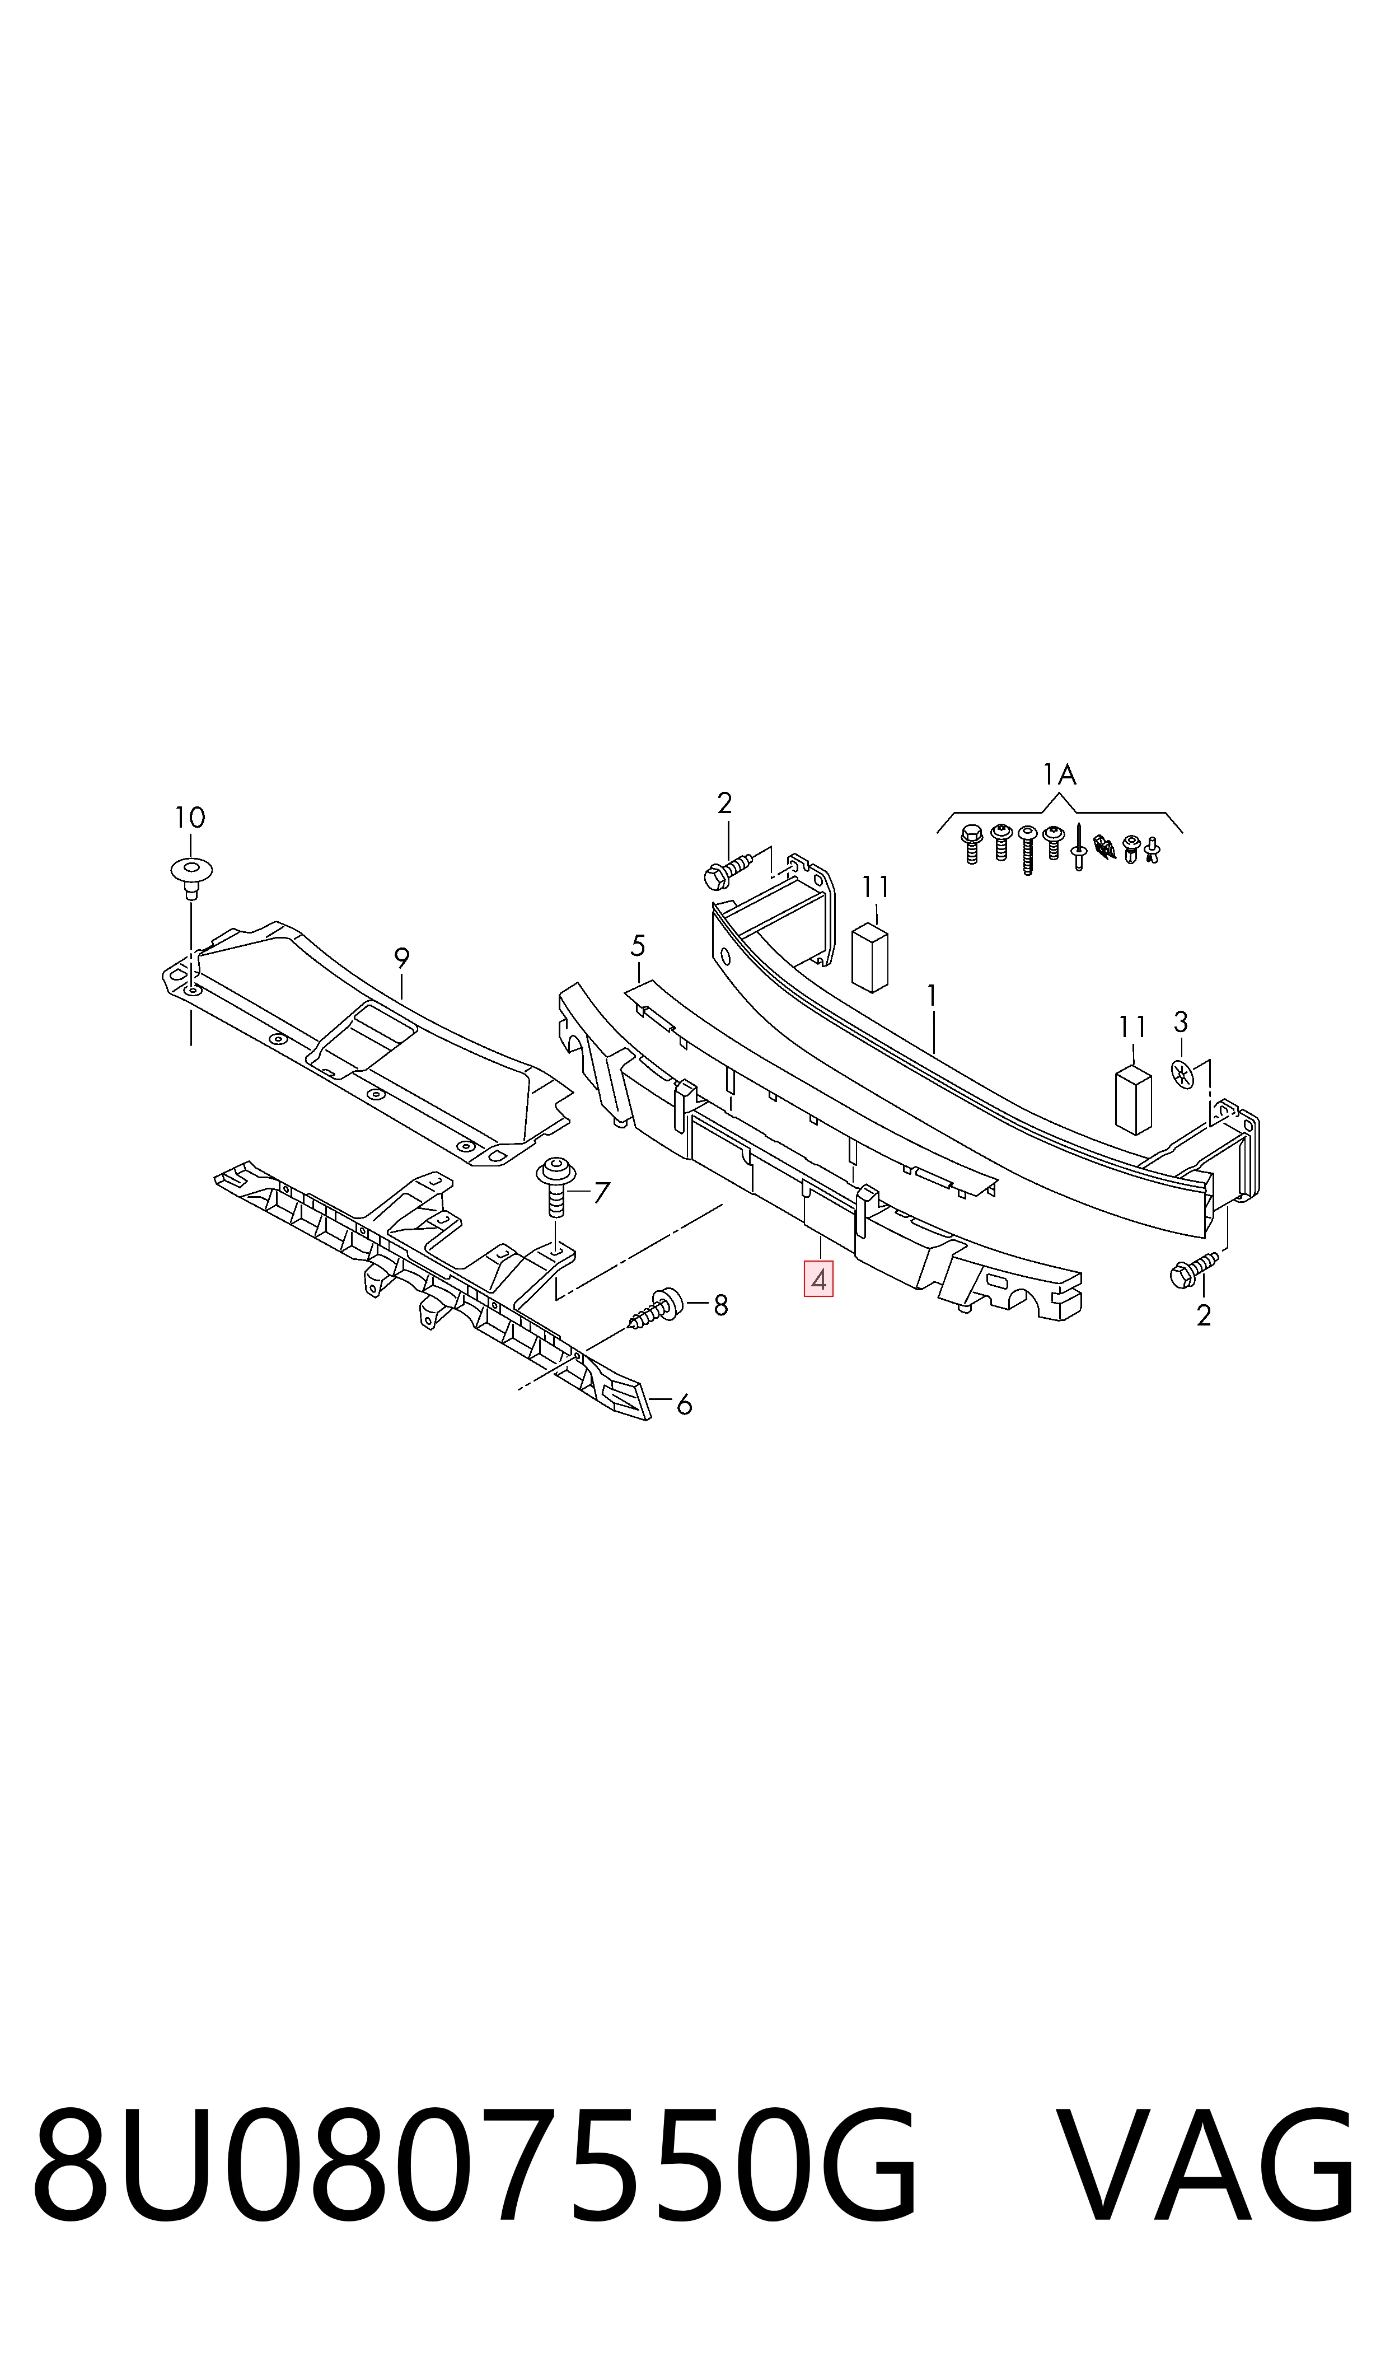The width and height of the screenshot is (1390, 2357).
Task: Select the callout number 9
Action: tap(402, 958)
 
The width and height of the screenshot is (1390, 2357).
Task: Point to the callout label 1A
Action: tap(1059, 774)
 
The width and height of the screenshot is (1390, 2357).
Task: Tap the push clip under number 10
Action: tap(191, 878)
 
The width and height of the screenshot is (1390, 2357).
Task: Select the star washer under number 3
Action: tap(1183, 1072)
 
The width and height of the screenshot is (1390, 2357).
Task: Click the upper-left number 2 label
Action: tap(724, 803)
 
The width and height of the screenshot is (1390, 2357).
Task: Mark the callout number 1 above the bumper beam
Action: tap(931, 995)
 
